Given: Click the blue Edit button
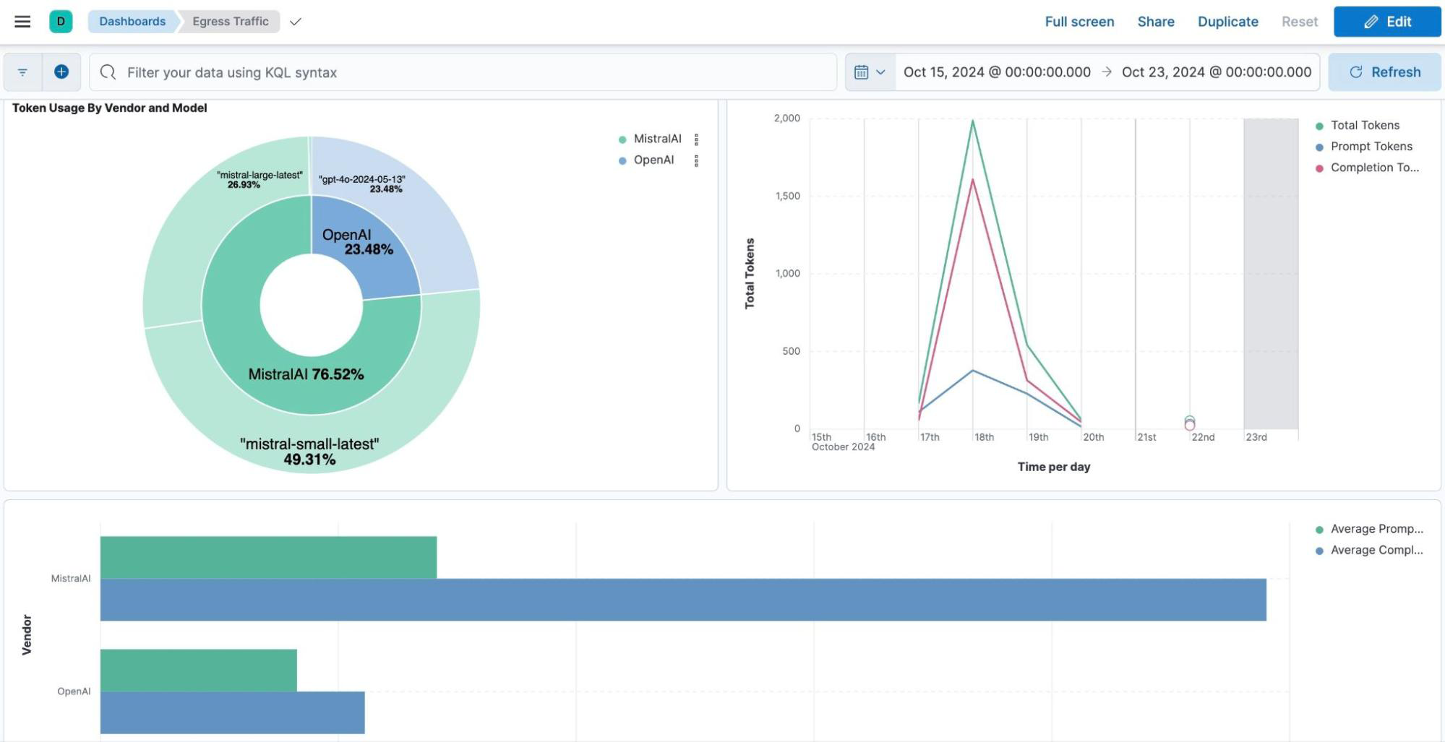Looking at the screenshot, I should [x=1386, y=22].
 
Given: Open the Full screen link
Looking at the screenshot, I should [x=1079, y=22].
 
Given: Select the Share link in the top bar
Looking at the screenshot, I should [x=1155, y=22].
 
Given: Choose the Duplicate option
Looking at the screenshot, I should [x=1227, y=22].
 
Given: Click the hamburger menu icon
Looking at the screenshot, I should [x=22, y=22].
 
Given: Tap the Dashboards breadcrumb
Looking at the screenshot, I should [x=132, y=22].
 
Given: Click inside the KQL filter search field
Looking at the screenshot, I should [x=463, y=72].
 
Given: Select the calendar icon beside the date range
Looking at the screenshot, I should [x=862, y=72].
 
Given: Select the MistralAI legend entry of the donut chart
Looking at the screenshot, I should [x=657, y=139].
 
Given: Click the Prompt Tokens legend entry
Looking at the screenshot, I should [x=1371, y=146].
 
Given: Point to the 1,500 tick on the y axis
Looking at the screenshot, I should [x=787, y=196].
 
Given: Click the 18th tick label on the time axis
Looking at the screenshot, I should [x=984, y=437].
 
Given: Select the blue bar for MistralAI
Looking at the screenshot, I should [x=682, y=600].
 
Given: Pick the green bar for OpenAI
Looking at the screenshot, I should [x=198, y=670].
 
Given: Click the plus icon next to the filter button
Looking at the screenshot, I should [x=61, y=72].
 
